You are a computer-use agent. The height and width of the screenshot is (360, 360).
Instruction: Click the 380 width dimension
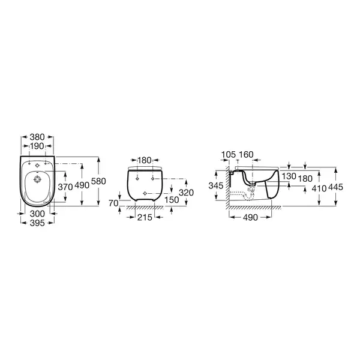click(37, 137)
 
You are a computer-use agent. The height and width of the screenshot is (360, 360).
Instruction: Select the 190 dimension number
click(37, 146)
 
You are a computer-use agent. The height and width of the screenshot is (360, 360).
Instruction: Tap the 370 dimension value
click(65, 187)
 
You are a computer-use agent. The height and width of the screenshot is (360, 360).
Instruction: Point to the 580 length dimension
click(98, 181)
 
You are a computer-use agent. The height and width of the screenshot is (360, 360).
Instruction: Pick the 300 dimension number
click(37, 214)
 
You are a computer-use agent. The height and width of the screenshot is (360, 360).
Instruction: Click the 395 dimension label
click(37, 223)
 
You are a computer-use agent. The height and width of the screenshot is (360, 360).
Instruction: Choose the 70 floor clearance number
click(113, 203)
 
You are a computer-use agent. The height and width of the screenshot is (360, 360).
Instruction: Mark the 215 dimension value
click(145, 217)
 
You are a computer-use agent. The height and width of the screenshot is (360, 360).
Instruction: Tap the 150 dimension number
click(172, 200)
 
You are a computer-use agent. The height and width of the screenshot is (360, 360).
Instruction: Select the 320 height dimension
click(186, 193)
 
